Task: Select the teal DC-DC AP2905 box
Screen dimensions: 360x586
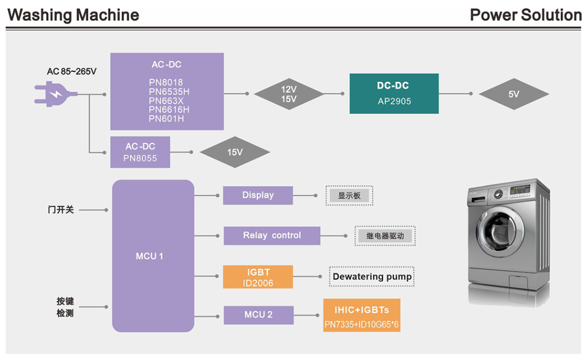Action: tap(394, 94)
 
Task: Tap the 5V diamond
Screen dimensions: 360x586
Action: tap(514, 94)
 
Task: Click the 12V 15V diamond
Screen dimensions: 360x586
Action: tap(289, 94)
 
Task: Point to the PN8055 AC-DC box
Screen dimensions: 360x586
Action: tap(140, 152)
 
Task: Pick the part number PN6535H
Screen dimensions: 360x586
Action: tap(169, 92)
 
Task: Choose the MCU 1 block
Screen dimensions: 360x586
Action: tap(153, 256)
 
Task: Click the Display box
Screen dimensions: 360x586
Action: tap(257, 195)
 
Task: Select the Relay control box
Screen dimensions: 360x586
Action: tap(272, 235)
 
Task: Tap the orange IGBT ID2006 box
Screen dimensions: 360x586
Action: tap(257, 277)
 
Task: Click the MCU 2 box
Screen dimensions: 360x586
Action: tap(258, 315)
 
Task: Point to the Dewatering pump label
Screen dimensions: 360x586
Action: tap(372, 277)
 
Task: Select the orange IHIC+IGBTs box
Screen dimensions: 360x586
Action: tap(361, 316)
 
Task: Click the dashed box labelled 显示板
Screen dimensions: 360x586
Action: tap(350, 195)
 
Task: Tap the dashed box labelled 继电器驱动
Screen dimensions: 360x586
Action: tap(385, 236)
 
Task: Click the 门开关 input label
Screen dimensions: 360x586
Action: tap(61, 210)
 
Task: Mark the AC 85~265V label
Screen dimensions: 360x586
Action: tap(72, 72)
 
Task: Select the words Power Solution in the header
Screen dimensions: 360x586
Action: tap(525, 15)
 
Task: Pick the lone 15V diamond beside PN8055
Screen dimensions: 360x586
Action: tap(235, 152)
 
